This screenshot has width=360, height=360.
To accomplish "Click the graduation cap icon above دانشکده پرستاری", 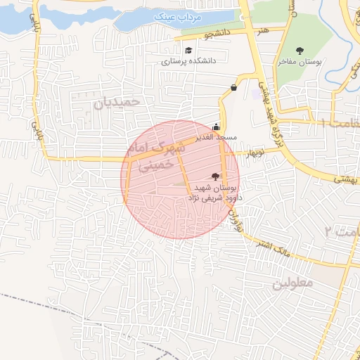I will point(188,51).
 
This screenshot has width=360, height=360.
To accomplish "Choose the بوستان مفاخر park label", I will point(300,62).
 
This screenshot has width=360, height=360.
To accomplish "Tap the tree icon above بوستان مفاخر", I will point(300,50).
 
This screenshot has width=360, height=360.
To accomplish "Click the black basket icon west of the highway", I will point(233,87).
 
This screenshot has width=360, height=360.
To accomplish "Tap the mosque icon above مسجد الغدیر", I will point(216,127).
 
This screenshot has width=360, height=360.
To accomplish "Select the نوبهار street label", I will point(253,151).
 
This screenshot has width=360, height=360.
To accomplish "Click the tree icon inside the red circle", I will point(215,176).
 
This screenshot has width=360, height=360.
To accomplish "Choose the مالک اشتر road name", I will point(279,249).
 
